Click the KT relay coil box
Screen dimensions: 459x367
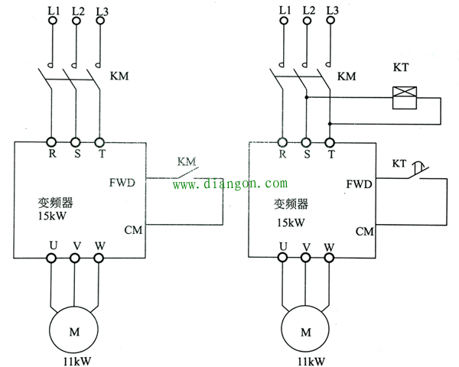[404, 98]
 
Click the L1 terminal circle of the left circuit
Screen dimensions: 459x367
[53, 21]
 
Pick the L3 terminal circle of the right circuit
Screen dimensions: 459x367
[330, 21]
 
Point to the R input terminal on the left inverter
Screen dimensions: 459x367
[51, 142]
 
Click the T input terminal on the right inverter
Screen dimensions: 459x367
[330, 143]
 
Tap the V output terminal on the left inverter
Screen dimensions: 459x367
[75, 258]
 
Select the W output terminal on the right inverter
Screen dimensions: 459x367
[329, 258]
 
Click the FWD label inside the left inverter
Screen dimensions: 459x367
[122, 183]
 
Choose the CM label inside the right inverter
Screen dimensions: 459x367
[364, 232]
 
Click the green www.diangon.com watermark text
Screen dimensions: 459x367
[230, 183]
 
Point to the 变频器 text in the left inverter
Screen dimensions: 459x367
[55, 202]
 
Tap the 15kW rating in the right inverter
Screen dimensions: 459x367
[291, 222]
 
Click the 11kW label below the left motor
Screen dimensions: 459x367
[77, 361]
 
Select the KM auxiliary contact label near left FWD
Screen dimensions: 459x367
[187, 161]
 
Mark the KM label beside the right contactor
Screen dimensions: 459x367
[347, 76]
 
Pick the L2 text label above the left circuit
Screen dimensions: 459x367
[78, 11]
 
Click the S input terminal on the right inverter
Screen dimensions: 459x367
[306, 143]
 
